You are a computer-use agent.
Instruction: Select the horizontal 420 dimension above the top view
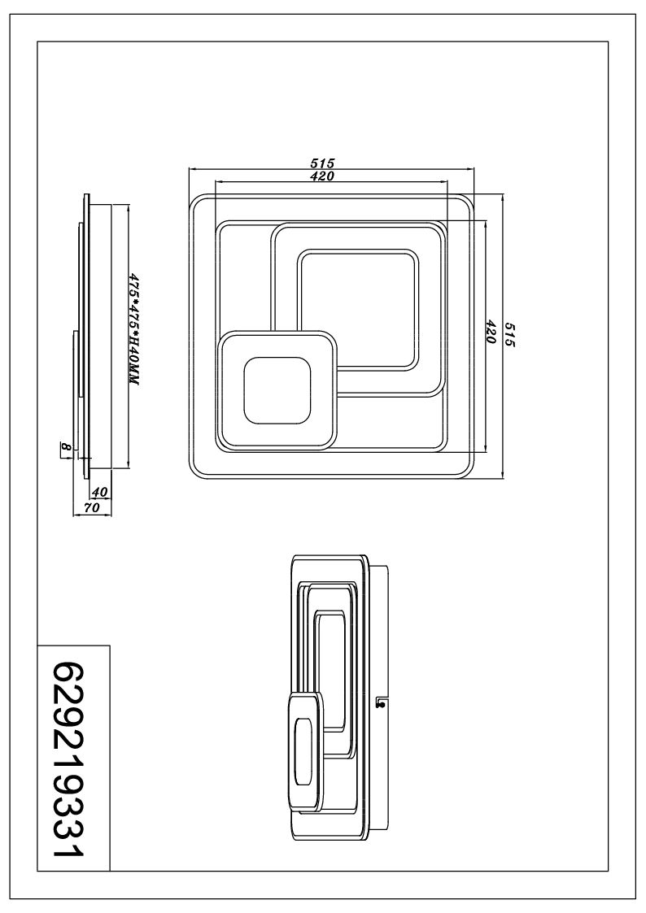click(x=323, y=176)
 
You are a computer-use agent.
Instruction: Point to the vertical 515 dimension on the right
click(x=510, y=334)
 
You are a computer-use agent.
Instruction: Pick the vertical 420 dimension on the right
click(x=491, y=332)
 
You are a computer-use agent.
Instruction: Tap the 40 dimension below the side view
click(x=100, y=492)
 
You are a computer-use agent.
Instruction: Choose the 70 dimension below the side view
click(x=92, y=507)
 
